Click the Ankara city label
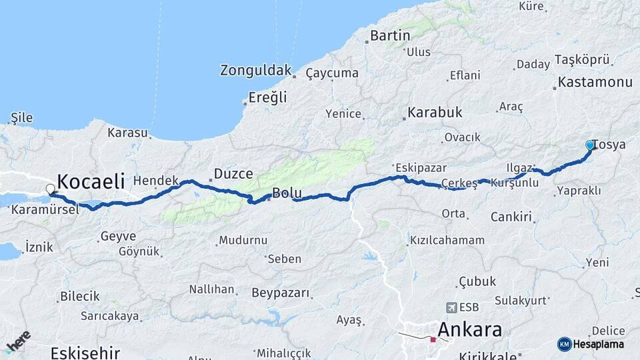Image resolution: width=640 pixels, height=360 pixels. click(x=470, y=329)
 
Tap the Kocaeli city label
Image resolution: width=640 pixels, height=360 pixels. click(x=91, y=181)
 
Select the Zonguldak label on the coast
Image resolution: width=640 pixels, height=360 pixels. click(x=256, y=71)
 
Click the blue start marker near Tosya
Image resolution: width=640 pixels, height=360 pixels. click(x=590, y=145)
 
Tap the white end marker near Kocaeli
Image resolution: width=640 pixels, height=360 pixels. click(x=50, y=189)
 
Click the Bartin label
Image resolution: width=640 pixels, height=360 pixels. click(x=390, y=35)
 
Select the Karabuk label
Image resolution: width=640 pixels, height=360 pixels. click(x=435, y=112)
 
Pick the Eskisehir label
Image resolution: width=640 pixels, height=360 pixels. click(x=86, y=352)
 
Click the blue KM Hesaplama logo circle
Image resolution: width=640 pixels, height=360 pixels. click(x=564, y=344)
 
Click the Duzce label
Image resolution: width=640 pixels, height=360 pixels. click(x=233, y=174)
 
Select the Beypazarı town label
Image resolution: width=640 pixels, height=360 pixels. click(x=281, y=293)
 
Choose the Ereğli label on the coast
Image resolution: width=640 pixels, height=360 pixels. click(x=267, y=97)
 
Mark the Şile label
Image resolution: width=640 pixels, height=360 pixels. click(x=21, y=118)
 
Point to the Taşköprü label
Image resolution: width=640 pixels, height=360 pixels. click(x=582, y=60)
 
